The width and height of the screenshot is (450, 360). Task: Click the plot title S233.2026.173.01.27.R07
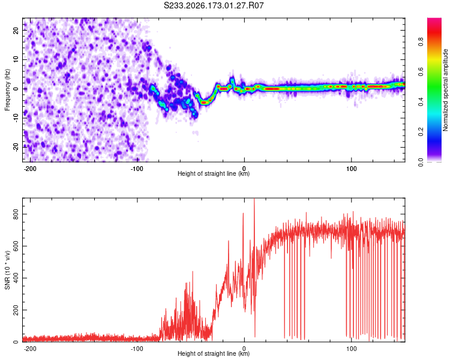point(214,5)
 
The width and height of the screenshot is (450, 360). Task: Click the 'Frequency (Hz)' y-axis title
point(7,90)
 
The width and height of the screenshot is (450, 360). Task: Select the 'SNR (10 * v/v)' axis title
point(7,270)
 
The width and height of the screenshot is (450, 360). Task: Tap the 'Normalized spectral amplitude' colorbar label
point(445,90)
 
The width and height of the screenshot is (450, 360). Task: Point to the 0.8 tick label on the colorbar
point(421,41)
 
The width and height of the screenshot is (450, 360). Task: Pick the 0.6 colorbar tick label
point(421,71)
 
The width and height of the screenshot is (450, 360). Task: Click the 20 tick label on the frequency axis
point(16,30)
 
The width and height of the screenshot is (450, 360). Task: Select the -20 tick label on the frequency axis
point(16,147)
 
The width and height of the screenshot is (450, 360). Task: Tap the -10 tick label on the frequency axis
point(16,118)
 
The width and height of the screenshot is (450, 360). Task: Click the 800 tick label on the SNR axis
point(16,214)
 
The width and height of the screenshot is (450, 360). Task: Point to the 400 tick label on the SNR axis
point(16,278)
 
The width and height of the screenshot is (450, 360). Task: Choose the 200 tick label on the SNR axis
point(16,310)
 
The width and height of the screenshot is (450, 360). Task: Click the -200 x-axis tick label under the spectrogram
point(29,169)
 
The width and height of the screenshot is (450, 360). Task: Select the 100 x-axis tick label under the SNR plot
point(351,349)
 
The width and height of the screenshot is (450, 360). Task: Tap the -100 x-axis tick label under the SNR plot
point(137,349)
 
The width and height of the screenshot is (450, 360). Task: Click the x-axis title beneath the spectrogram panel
point(214,173)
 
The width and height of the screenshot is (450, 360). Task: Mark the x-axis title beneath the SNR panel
point(214,353)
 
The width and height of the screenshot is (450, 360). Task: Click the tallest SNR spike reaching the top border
point(254,259)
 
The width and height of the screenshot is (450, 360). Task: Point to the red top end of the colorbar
point(434,20)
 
